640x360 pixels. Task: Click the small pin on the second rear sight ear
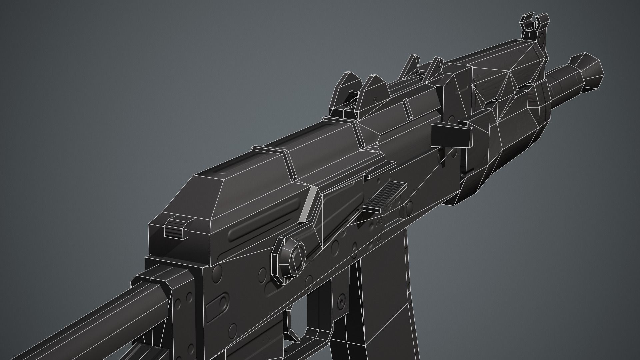pyautogui.click(x=376, y=99)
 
